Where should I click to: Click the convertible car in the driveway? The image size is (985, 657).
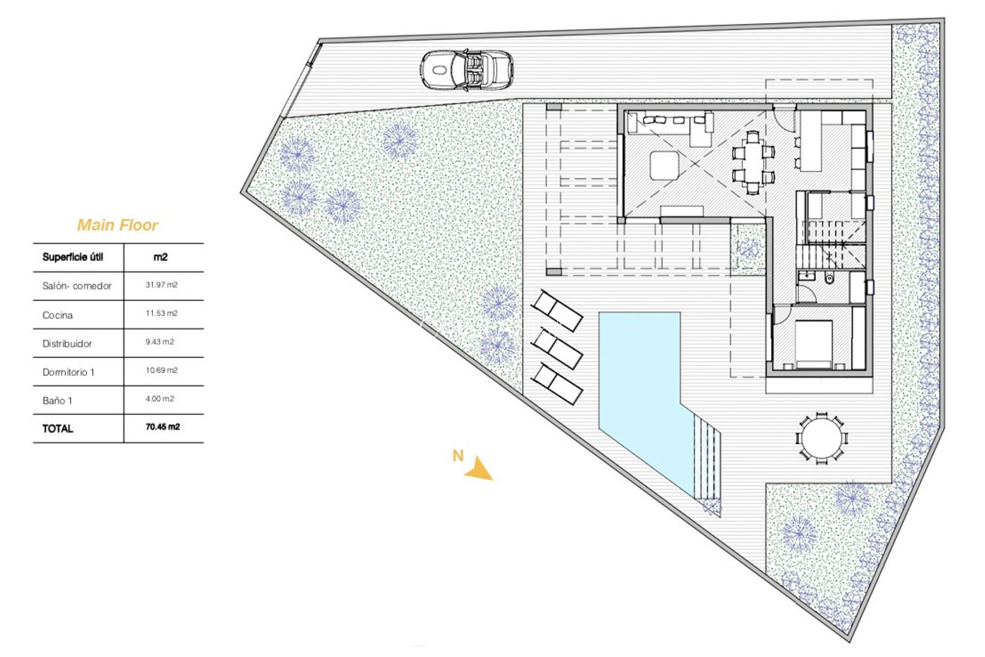[466, 70]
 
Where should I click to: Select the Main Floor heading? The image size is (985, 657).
[117, 225]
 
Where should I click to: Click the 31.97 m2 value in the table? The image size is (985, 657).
[161, 285]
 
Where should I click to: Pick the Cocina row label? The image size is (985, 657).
[57, 315]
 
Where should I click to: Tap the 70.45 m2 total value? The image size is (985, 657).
[163, 427]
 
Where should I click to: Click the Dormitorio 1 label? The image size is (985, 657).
[68, 372]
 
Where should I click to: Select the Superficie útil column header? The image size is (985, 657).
[73, 257]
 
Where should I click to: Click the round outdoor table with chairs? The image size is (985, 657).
[821, 439]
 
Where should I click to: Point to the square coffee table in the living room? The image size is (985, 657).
[664, 165]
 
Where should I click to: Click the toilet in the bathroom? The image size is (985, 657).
[829, 279]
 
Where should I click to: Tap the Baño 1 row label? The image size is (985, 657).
[57, 400]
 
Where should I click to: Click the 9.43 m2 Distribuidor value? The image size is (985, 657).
[160, 342]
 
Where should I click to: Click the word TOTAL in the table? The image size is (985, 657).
[57, 429]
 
